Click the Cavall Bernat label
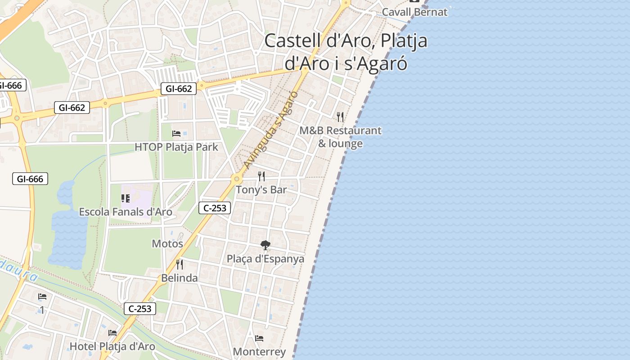(x=414, y=12)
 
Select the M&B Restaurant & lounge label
(x=341, y=137)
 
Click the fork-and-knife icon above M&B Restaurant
(x=340, y=117)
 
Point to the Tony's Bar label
(x=261, y=190)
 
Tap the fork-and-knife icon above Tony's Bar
(x=261, y=176)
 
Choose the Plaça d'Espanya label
(x=265, y=259)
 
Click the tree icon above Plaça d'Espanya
(x=265, y=245)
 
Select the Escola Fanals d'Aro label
(x=126, y=211)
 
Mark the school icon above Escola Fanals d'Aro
(x=126, y=198)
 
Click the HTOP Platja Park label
(x=176, y=147)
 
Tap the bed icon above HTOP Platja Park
(x=176, y=134)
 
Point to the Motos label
(x=167, y=244)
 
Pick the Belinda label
(x=180, y=278)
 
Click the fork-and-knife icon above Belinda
(x=180, y=264)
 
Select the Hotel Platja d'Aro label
(x=112, y=346)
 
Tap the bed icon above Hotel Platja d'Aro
(x=112, y=333)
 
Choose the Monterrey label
(x=259, y=352)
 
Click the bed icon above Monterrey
(x=259, y=338)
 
